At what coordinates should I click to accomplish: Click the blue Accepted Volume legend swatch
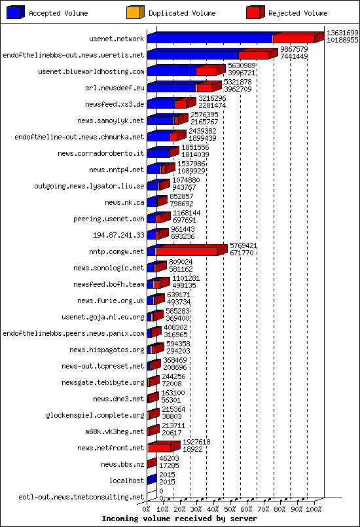pos(16,12)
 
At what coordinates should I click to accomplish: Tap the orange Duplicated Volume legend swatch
pos(135,12)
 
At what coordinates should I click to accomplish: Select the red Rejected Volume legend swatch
pos(255,12)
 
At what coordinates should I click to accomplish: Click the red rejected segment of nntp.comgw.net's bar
pos(187,251)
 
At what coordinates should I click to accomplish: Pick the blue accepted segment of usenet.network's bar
pos(209,39)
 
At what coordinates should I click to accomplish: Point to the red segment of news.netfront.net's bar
pos(160,448)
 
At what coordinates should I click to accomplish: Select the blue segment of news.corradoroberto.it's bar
pos(158,153)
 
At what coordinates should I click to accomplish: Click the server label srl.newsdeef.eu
pos(115,88)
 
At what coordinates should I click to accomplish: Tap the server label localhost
pos(126,481)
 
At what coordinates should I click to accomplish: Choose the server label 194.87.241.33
pos(118,235)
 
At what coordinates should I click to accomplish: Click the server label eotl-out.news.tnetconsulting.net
pos(81,497)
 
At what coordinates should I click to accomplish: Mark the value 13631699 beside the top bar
pos(342,33)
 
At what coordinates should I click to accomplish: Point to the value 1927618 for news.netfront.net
pos(196,443)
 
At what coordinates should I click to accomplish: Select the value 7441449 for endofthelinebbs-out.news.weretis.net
pos(294,56)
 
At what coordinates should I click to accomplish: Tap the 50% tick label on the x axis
pos(230,509)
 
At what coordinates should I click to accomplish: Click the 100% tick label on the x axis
pos(314,509)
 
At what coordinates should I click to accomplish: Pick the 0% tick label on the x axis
pos(147,509)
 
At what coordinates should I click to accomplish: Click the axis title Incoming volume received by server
pos(179,519)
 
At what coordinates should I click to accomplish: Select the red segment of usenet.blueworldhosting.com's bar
pos(206,71)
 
